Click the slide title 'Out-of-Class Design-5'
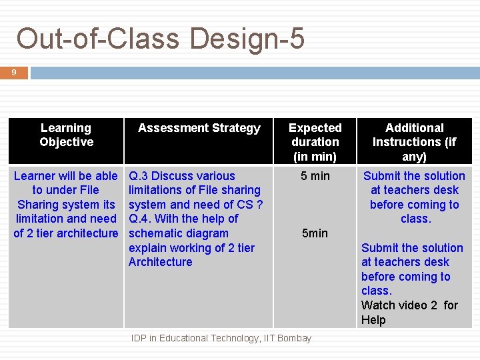(160, 39)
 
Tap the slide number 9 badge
(14, 72)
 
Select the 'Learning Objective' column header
(66, 135)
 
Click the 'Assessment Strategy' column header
(199, 128)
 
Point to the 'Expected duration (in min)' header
(315, 142)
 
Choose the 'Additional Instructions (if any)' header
(414, 142)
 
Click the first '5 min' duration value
(315, 176)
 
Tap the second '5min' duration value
(315, 233)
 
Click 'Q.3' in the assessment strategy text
(138, 176)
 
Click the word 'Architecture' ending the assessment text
(160, 262)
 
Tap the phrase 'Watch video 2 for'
(409, 305)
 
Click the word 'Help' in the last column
(373, 320)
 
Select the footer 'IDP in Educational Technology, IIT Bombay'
(221, 339)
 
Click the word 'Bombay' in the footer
(294, 339)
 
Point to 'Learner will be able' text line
(65, 176)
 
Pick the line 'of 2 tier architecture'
(65, 233)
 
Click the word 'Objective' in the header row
(66, 142)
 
